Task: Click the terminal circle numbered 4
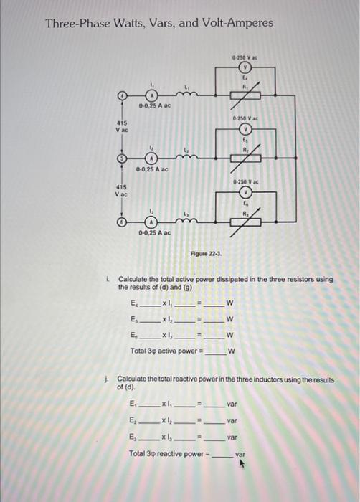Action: pyautogui.click(x=123, y=95)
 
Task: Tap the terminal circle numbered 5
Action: pyautogui.click(x=123, y=158)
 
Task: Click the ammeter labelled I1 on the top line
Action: pyautogui.click(x=151, y=95)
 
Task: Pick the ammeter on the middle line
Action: pyautogui.click(x=151, y=158)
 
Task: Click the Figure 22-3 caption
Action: pyautogui.click(x=205, y=254)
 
